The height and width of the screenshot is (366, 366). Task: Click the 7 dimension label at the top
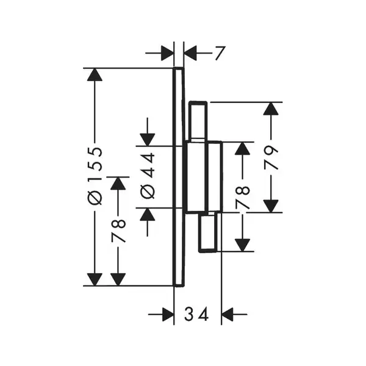pos(220,54)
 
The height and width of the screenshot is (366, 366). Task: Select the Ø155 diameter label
pos(95,176)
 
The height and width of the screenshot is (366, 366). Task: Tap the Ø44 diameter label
pos(148,176)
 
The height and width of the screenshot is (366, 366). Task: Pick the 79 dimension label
pos(271,157)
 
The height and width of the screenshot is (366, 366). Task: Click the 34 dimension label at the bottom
pos(196,314)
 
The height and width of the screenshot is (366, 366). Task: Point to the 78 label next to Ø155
pos(118,231)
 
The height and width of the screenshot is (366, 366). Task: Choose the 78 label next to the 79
pos(243,196)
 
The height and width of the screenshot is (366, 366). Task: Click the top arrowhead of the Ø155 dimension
pos(95,74)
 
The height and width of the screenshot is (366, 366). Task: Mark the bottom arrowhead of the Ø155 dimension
pos(95,279)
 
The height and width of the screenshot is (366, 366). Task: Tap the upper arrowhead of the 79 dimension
pos(271,109)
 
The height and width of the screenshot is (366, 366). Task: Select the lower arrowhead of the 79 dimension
pos(271,206)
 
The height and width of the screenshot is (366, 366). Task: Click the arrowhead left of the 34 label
pos(168,314)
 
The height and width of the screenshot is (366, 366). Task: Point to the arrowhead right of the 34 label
pos(228,314)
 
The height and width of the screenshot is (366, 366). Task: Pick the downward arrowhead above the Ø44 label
pos(147,140)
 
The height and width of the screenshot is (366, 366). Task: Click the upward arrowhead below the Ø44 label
pos(147,214)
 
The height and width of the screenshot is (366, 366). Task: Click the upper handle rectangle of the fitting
pos(198,121)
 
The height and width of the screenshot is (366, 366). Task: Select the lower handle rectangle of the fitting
pos(208,232)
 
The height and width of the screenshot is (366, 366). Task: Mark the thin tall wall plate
pos(179,177)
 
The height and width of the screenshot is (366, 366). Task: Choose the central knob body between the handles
pos(204,178)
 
